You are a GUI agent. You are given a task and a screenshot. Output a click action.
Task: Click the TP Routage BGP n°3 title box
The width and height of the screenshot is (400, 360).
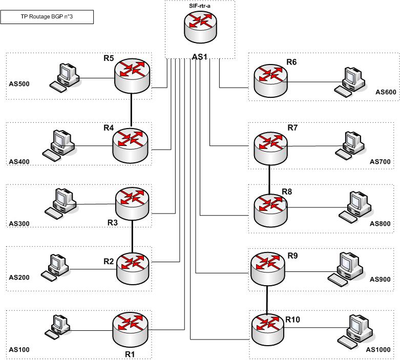coord(47,16)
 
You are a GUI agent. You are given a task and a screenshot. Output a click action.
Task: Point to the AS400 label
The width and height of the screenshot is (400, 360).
coord(19,162)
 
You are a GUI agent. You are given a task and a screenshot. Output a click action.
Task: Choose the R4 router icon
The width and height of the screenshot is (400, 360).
coord(130,145)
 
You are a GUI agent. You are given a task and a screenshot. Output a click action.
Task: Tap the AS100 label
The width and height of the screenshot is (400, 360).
coord(19,350)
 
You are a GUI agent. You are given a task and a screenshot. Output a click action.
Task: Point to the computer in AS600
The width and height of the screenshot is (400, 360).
coord(349,81)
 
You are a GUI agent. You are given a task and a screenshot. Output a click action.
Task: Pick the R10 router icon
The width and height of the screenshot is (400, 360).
coord(269,330)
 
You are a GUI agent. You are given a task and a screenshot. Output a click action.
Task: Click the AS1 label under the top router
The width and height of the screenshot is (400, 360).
coord(199,57)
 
